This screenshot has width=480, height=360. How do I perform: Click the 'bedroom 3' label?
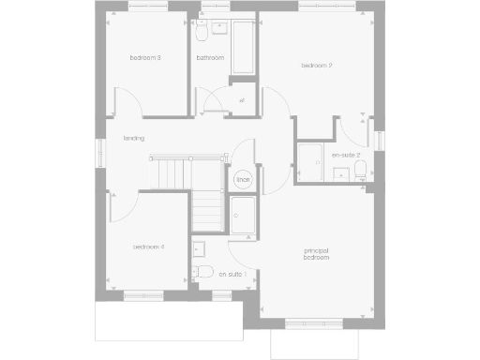(x=145, y=58)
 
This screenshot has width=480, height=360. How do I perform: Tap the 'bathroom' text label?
(x=209, y=58)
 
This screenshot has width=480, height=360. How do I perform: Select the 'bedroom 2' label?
(x=317, y=65)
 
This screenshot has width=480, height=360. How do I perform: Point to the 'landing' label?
(x=133, y=138)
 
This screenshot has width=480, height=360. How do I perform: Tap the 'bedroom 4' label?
(x=148, y=247)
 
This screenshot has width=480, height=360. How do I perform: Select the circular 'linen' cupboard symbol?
(x=243, y=178)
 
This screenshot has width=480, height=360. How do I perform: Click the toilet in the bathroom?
(x=202, y=33)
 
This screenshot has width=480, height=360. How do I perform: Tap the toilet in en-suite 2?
(x=361, y=169)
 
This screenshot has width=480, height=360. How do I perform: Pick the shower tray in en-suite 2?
(x=310, y=163)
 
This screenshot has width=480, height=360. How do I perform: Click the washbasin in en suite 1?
(x=198, y=249)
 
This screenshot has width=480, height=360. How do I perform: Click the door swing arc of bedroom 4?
(x=126, y=206)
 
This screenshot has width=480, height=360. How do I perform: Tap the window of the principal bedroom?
(x=315, y=324)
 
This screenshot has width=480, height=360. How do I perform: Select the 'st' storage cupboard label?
(x=242, y=100)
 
